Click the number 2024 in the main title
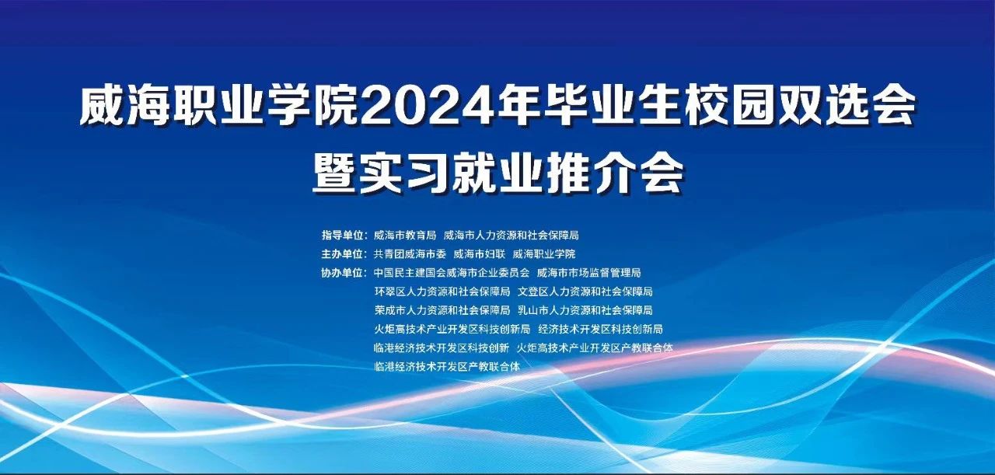[428, 107]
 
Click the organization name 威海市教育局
[405, 235]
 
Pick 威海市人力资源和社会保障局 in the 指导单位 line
[511, 235]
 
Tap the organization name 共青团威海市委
[410, 253]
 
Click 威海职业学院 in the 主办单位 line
[544, 253]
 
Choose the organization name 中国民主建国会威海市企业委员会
[452, 272]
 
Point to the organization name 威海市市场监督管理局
[589, 272]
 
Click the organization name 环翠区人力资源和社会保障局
[442, 292]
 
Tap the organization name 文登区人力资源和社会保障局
[585, 292]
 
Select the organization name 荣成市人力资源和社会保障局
[442, 310]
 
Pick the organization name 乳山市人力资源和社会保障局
[585, 310]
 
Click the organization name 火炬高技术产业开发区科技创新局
[452, 329]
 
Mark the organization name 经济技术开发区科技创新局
[601, 329]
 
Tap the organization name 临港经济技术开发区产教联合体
[447, 367]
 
